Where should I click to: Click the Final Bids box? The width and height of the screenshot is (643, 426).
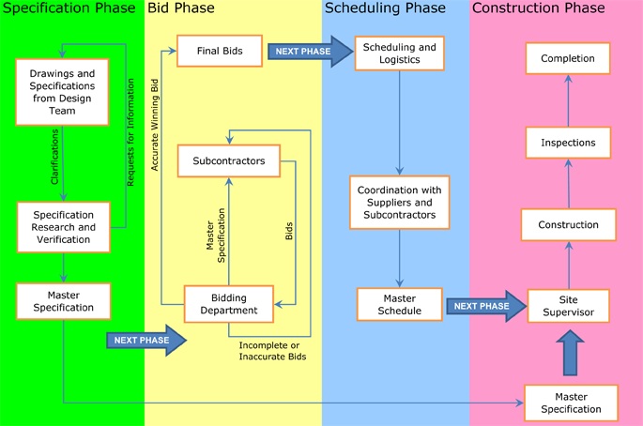220,51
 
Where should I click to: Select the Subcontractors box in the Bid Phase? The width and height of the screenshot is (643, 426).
229,160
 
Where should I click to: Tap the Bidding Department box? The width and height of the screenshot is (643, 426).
229,304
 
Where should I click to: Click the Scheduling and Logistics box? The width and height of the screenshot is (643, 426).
400,53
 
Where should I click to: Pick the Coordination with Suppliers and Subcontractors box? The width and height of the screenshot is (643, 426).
400,202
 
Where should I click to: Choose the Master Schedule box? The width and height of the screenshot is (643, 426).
400,304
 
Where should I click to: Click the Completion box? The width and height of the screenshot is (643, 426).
568,58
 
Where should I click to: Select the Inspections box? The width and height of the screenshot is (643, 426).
568,143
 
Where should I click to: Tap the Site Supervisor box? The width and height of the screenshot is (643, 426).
568,306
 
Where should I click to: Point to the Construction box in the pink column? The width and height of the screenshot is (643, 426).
568,224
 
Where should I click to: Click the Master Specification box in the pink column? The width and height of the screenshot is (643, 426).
571,403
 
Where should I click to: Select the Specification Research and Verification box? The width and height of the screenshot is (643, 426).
64,227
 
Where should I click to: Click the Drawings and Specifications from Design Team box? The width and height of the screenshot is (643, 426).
62,92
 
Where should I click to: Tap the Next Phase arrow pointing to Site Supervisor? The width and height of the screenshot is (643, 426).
486,306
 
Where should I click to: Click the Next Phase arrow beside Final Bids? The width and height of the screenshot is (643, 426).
311,52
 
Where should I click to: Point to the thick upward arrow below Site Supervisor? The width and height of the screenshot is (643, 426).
570,353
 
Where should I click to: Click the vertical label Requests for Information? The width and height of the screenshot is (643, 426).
130,132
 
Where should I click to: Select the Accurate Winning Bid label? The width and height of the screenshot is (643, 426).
155,125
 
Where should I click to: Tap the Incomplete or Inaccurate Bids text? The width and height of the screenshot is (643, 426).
273,351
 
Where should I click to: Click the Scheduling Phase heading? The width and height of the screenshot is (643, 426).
385,8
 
